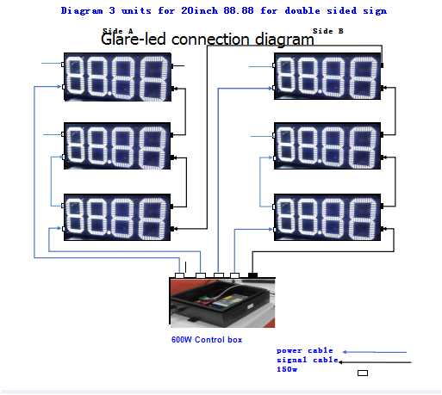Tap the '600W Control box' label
point(207,340)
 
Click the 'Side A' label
point(117,30)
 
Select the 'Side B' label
point(327,30)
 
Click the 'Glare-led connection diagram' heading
point(207,40)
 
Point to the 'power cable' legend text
point(304,351)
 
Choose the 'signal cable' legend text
point(307,361)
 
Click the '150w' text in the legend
point(287,371)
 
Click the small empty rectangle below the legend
point(362,373)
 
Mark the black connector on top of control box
point(252,275)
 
